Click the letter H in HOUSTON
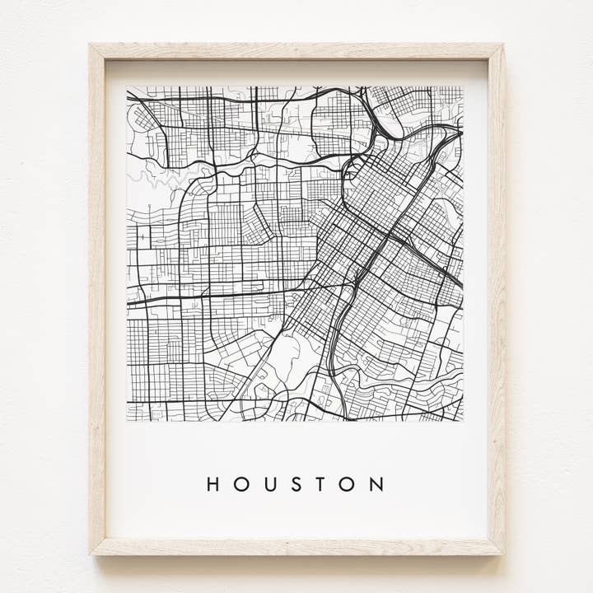213,484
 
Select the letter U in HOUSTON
269,484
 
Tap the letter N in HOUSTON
376,484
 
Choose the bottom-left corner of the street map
128,421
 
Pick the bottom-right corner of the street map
463,421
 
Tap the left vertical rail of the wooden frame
97,296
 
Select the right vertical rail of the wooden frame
496,296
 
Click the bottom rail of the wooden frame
296,547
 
